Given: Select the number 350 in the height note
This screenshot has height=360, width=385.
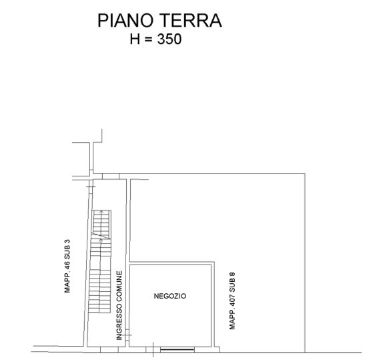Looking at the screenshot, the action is point(169,39).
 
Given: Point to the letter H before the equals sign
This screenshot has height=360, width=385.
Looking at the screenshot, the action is point(135,39).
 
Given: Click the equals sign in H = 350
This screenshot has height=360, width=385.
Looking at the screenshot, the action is point(148,39).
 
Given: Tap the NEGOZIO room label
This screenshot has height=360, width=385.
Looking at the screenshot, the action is point(170,296).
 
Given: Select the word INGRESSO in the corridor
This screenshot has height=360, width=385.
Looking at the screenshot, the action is point(119,321).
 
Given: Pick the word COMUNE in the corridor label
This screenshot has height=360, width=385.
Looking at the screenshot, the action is point(119,286).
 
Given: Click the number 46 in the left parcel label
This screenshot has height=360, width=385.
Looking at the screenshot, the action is point(67,265).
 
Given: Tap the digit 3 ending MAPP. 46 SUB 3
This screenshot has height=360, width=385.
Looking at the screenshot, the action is point(67,241).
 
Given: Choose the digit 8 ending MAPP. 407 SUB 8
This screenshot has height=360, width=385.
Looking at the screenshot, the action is point(232,275).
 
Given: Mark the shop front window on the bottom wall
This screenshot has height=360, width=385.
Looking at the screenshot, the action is point(177,349).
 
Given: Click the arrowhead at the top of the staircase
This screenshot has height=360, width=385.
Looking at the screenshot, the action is point(101,212).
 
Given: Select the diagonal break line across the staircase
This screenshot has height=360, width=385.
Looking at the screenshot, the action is point(101,235).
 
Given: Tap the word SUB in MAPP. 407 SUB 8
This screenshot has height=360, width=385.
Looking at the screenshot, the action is point(232,286).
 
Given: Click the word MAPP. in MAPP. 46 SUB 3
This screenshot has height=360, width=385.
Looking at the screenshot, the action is point(67,282).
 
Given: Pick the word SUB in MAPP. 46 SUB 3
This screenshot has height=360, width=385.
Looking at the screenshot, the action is point(67,252).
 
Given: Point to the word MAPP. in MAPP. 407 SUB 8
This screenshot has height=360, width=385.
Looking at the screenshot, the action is point(232,320).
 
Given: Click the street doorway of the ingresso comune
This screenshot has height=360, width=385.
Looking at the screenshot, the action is point(109,349).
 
